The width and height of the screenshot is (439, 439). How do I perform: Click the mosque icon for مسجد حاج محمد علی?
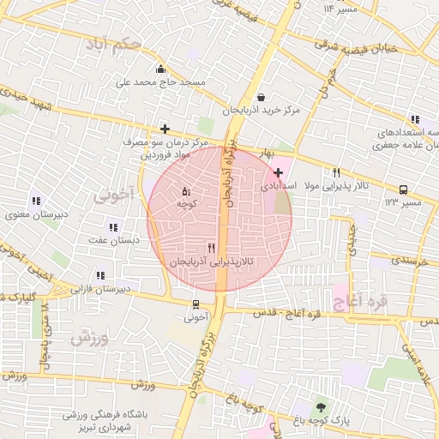(160, 69)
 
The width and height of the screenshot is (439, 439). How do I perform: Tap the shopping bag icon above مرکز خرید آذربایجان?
(261, 97)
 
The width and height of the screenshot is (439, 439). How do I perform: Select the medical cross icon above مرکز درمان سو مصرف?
(165, 128)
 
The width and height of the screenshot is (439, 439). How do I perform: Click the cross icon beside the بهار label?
(279, 172)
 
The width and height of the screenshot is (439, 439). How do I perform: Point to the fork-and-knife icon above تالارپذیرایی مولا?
(336, 171)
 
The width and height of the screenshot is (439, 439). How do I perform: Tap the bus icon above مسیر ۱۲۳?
(402, 189)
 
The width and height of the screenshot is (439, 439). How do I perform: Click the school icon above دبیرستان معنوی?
(35, 200)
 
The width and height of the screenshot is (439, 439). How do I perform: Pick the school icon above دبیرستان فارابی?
(100, 275)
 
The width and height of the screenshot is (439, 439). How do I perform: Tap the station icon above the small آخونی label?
(196, 304)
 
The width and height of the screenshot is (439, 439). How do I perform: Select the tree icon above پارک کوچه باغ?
(321, 406)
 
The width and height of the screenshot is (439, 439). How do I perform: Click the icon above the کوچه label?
(187, 190)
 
